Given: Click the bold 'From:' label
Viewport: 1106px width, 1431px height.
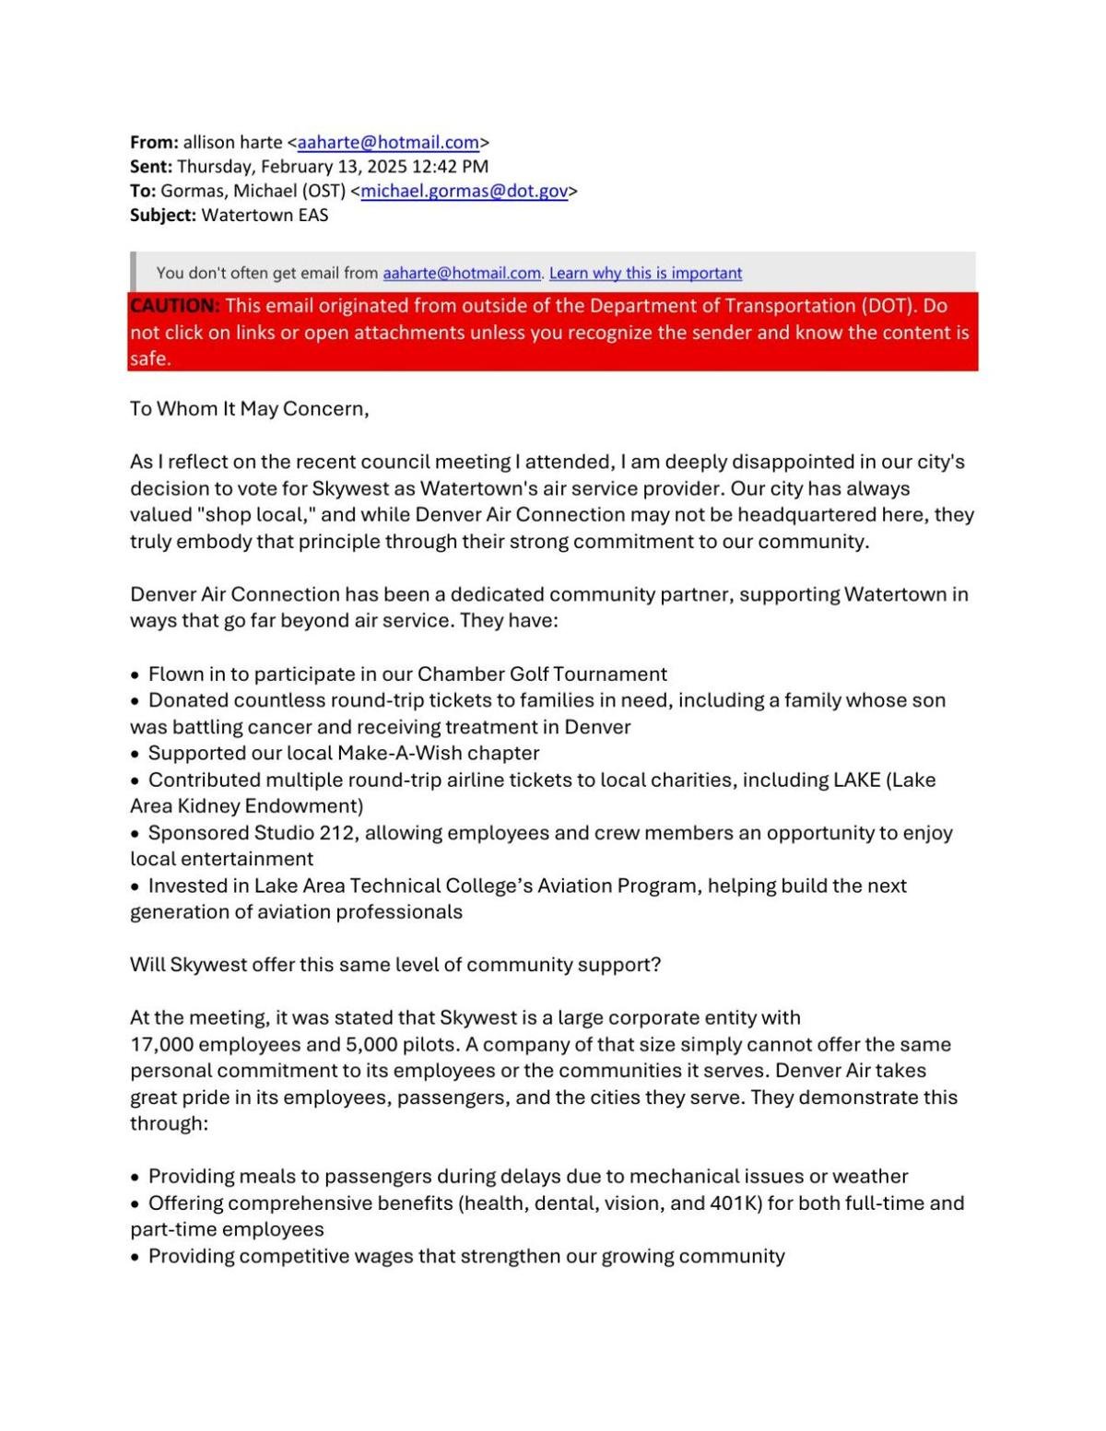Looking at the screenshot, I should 154,143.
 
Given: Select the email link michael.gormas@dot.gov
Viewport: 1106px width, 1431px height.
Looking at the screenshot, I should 464,192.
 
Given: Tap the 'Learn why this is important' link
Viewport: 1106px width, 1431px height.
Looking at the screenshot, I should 645,274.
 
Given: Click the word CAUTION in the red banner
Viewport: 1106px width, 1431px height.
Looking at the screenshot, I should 174,306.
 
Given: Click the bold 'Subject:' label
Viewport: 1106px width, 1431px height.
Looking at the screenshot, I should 162,216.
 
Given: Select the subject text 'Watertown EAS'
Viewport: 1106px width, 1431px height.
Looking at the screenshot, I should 265,216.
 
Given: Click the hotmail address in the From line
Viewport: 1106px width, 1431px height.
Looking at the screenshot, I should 388,143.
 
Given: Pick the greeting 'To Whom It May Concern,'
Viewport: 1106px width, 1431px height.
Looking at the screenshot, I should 249,409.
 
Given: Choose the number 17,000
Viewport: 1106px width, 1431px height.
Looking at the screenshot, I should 161,1045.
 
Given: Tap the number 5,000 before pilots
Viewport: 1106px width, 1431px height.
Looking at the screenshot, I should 371,1045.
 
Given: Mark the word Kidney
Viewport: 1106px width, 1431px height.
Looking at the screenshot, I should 210,806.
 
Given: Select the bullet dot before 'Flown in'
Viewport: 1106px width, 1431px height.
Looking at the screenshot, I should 135,675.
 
